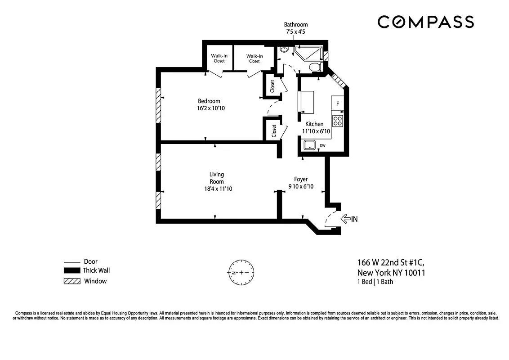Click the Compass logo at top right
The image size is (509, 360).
click(x=425, y=22)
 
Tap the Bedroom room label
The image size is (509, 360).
click(x=209, y=101)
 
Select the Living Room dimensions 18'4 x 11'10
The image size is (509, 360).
click(x=217, y=189)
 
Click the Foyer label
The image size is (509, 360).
click(x=301, y=179)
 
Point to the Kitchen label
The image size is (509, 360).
click(x=314, y=124)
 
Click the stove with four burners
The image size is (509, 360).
click(x=337, y=121)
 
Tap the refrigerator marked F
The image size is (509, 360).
click(x=337, y=104)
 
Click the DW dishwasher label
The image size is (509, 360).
click(x=322, y=146)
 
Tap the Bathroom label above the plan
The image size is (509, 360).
click(x=296, y=25)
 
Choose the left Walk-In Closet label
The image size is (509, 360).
click(x=219, y=58)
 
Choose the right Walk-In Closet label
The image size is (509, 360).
click(x=254, y=58)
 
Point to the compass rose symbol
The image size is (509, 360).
click(x=241, y=273)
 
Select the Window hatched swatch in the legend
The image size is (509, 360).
click(x=71, y=281)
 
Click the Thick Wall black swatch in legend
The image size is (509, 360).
click(x=71, y=271)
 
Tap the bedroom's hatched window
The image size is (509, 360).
click(x=158, y=105)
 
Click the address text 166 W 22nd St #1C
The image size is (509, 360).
click(x=391, y=262)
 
